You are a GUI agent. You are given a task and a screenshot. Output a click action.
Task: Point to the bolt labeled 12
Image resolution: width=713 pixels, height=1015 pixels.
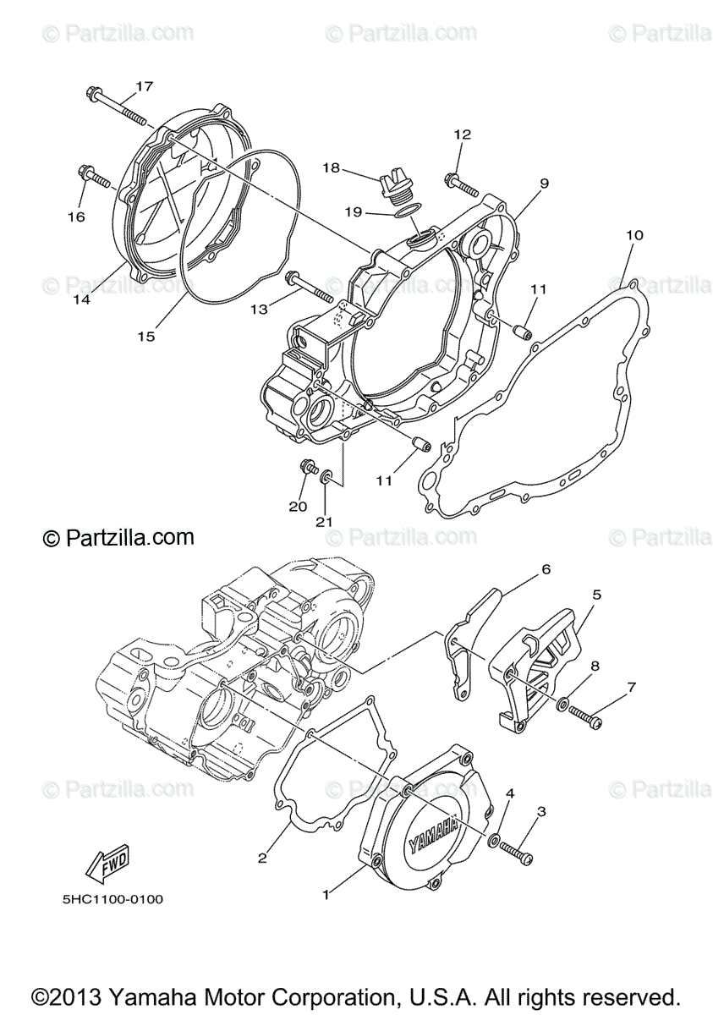point(458,180)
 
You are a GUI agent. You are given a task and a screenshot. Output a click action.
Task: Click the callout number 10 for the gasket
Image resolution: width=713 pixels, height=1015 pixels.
point(634,234)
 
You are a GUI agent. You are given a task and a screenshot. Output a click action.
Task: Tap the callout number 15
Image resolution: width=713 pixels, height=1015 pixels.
point(146,337)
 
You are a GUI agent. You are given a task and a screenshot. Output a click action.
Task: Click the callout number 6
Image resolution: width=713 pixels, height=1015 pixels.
point(546,569)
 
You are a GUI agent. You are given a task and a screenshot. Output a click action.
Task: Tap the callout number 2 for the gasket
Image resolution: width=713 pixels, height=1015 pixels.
point(262,858)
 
